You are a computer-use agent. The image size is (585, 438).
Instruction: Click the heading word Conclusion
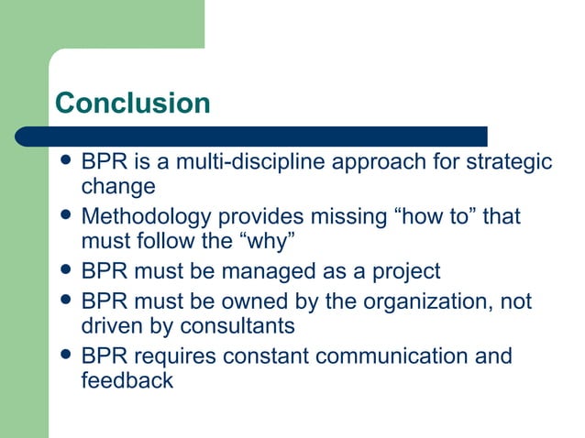pos(132,103)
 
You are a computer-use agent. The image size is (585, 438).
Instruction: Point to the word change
pos(118,187)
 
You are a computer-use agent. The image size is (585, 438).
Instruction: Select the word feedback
pos(127,381)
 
